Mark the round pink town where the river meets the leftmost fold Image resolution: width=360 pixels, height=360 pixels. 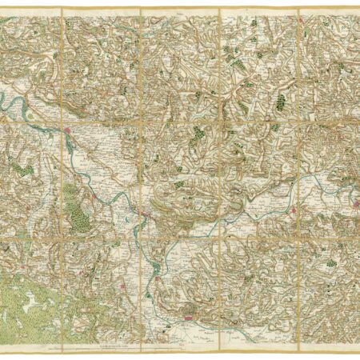point(69,130)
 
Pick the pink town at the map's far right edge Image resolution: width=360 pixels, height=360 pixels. point(353,190)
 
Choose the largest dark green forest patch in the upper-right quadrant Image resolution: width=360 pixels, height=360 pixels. point(281,102)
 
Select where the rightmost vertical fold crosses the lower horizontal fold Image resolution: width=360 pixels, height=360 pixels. point(298,235)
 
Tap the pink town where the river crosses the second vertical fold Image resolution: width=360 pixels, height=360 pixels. point(140,214)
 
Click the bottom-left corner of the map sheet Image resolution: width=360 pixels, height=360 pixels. point(2,345)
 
